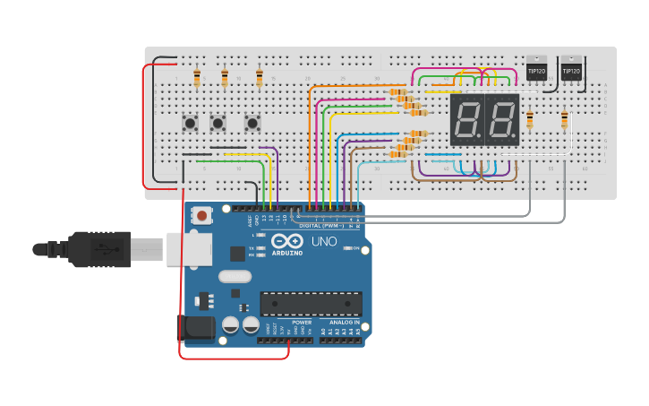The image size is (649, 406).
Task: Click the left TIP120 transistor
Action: [536, 69]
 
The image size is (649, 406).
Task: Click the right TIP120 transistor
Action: [570, 69]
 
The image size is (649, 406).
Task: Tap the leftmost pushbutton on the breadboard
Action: [190, 121]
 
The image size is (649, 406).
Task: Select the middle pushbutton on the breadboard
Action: [218, 121]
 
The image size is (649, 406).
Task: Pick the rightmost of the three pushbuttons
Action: [252, 121]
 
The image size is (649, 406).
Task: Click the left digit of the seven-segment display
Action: [467, 120]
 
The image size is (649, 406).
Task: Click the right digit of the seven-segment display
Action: [502, 120]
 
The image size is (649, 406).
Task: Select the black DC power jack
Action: [197, 328]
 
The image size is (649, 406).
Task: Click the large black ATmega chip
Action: [311, 304]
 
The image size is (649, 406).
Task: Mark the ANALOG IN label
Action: [344, 322]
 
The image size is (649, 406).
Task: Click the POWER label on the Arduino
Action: [302, 322]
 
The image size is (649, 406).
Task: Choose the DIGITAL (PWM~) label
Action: [322, 226]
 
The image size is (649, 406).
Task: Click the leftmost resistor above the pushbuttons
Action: [197, 79]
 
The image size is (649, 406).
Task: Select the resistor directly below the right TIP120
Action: [564, 118]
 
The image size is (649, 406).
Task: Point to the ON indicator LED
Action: [346, 248]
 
